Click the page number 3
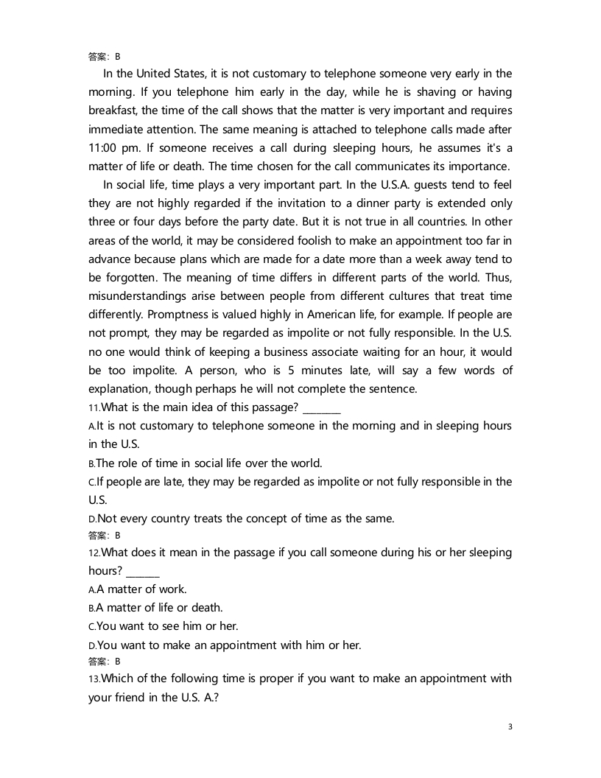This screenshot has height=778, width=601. tap(510, 727)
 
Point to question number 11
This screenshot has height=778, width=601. tap(94, 407)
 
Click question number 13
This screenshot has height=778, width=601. tap(94, 679)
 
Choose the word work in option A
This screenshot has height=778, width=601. tap(174, 589)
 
